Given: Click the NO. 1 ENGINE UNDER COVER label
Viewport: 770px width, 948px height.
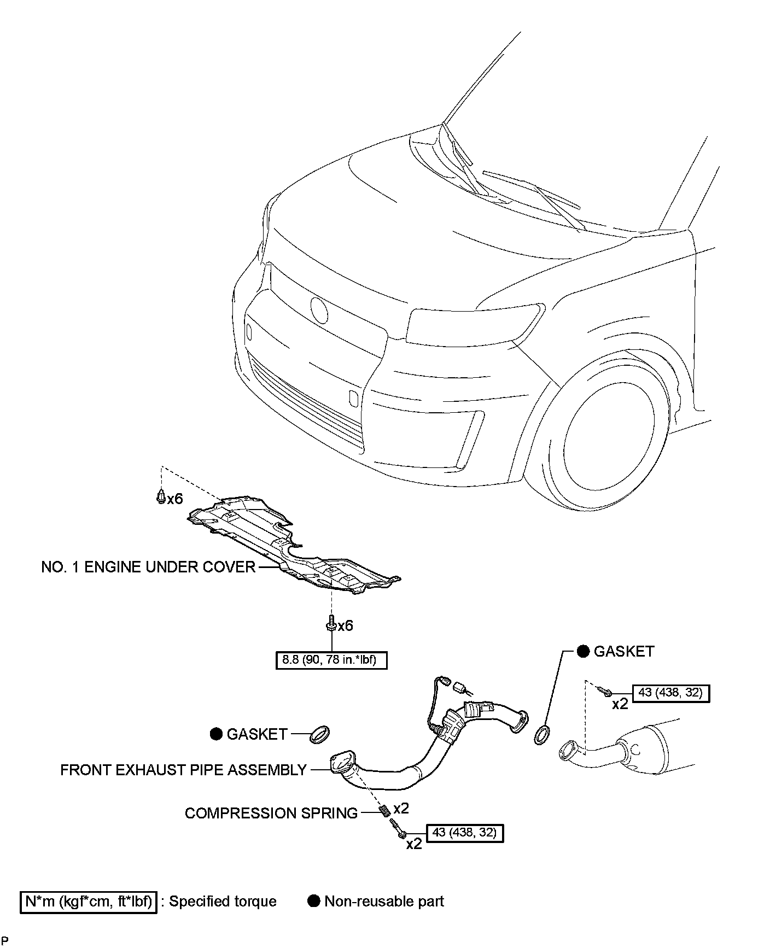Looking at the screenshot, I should click(x=148, y=567).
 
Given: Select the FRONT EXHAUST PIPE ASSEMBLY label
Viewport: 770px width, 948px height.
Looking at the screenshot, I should click(x=183, y=770).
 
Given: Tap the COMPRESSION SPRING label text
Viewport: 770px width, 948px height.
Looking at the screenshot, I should click(x=271, y=813).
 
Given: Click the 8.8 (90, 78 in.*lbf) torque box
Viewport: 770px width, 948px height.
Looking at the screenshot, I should click(x=332, y=660).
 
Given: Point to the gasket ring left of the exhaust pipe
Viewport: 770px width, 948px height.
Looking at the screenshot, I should click(x=320, y=734).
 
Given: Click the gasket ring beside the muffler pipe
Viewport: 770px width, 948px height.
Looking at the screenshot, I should click(x=541, y=735).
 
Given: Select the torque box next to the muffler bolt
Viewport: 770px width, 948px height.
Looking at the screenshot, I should click(x=670, y=693).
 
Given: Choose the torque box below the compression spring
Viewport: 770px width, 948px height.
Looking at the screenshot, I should click(x=464, y=833).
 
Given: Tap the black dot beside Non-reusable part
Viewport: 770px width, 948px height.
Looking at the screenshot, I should click(x=314, y=901).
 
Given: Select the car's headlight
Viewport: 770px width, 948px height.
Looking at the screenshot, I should click(x=474, y=327).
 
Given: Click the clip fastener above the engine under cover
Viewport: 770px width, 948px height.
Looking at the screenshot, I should click(x=161, y=497).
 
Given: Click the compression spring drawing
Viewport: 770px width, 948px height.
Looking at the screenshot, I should click(x=384, y=810).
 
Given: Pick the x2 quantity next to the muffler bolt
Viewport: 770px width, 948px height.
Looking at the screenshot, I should click(x=620, y=704).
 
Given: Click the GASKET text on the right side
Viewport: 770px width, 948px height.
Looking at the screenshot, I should click(x=623, y=651).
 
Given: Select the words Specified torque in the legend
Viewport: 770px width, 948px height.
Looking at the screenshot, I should click(x=223, y=901).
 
